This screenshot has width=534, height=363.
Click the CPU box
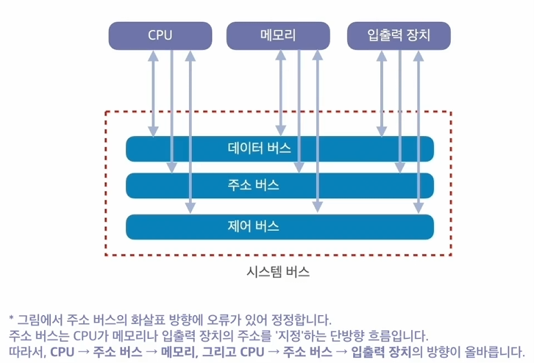point(160,35)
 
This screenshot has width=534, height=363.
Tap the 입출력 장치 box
point(398,35)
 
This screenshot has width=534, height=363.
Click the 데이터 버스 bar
point(280,148)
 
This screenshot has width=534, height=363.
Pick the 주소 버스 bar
point(280,184)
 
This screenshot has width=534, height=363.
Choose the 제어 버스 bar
point(280,226)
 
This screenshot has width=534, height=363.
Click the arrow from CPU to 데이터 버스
point(154,88)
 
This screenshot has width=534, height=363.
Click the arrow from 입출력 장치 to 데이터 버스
point(382,88)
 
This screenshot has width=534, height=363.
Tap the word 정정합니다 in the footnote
point(302,320)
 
